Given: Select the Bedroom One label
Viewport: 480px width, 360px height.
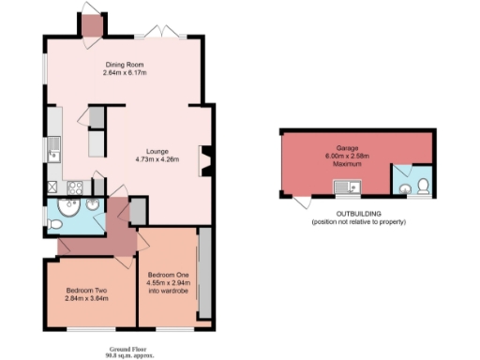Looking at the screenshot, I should [x=168, y=274].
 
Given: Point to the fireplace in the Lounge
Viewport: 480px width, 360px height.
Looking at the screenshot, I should [x=205, y=159].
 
